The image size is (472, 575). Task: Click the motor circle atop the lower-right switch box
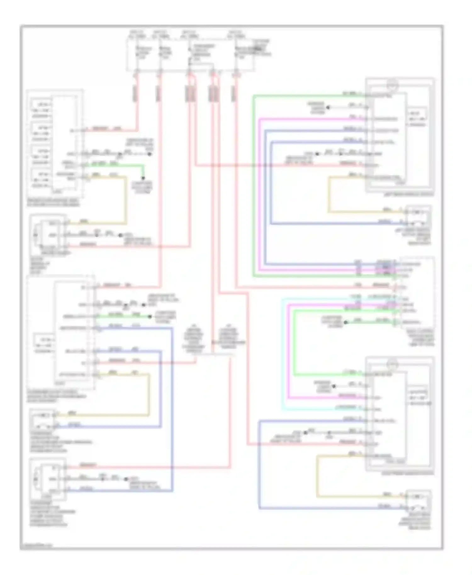pos(392,365)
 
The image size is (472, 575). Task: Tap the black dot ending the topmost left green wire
pos(143,178)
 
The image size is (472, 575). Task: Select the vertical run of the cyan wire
pos(283,354)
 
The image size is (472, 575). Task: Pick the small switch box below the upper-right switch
pos(418,217)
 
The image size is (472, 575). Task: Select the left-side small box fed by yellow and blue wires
pos(42,419)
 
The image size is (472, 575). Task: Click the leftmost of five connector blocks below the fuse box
pos(135,94)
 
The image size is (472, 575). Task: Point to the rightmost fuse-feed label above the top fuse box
pos(235,34)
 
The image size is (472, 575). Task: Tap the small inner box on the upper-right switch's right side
pos(417,119)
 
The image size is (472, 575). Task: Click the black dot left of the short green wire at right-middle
pos(346,322)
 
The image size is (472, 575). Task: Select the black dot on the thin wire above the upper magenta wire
pos(328,108)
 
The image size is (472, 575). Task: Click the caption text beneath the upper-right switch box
pos(408,194)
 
